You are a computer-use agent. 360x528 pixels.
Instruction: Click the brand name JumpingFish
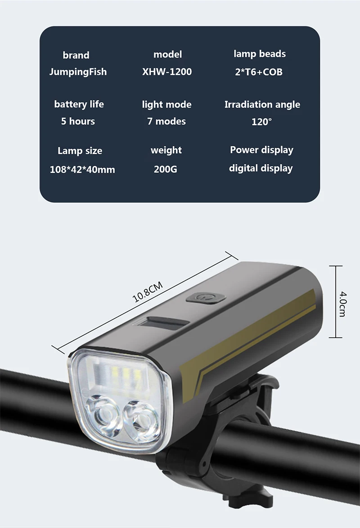pos(78,72)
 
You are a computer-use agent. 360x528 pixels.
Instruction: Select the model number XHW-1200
pos(167,72)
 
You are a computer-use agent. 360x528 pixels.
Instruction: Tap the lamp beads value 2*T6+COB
pos(259,72)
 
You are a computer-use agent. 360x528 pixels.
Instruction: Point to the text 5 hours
pos(78,122)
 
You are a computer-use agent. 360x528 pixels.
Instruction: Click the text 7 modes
pos(166,122)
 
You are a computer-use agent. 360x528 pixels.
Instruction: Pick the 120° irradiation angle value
pos(261,122)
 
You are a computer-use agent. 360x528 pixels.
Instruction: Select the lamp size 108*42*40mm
pos(82,170)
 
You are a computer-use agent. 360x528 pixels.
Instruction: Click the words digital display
pos(261,168)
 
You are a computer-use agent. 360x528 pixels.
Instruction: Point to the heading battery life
pos(79,104)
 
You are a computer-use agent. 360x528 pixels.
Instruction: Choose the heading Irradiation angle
pos(262,105)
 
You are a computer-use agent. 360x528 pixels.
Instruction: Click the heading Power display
pos(261,150)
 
